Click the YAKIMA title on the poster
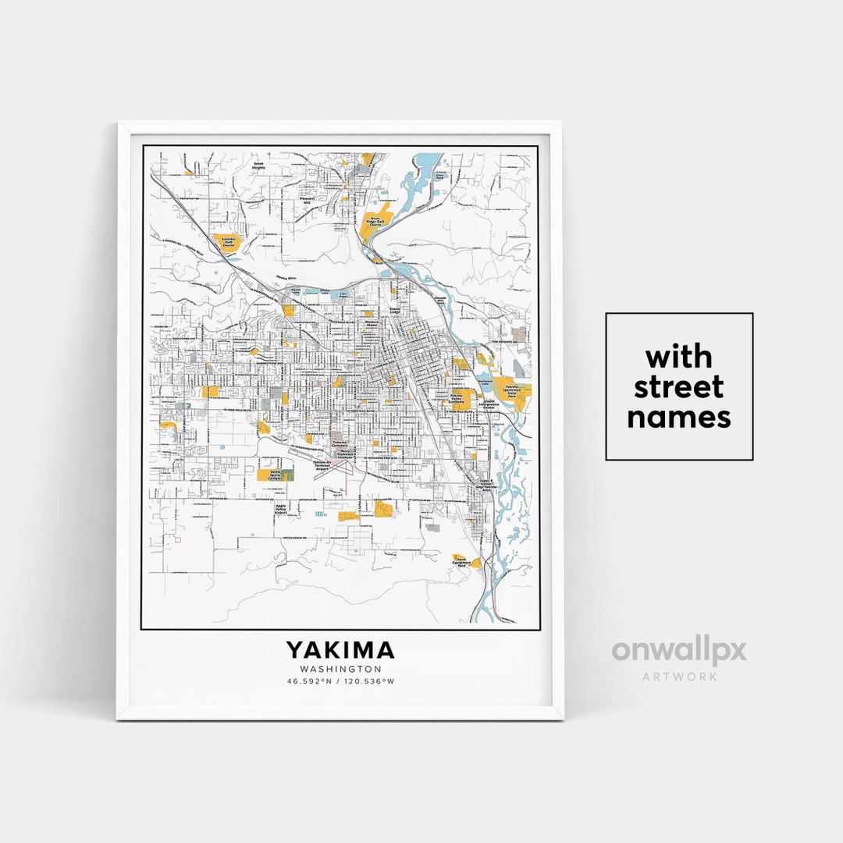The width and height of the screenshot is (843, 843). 340,650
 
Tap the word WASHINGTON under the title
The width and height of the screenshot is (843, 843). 340,669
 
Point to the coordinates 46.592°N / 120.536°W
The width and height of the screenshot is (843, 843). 340,681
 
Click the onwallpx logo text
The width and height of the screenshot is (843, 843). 678,651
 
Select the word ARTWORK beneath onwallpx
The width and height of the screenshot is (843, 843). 679,677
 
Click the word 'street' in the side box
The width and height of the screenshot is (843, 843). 678,387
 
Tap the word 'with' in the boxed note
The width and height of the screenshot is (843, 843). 678,357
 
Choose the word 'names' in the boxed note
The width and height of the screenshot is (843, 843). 678,417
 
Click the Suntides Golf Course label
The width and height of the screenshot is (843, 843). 228,242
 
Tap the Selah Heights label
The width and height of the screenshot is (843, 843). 258,165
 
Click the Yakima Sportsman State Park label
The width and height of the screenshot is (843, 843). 512,392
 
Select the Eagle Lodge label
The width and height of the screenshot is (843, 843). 394,311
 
